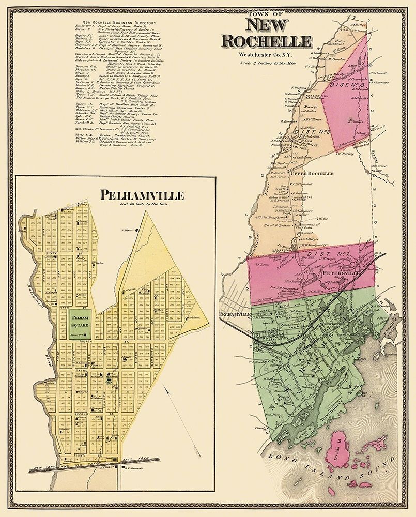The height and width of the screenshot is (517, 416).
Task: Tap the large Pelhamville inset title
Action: (x=113, y=195)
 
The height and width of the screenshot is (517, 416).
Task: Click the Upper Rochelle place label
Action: (x=313, y=174)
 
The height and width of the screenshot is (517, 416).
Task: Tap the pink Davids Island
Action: (x=342, y=448)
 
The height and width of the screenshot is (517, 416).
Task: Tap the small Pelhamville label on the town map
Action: (x=234, y=314)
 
